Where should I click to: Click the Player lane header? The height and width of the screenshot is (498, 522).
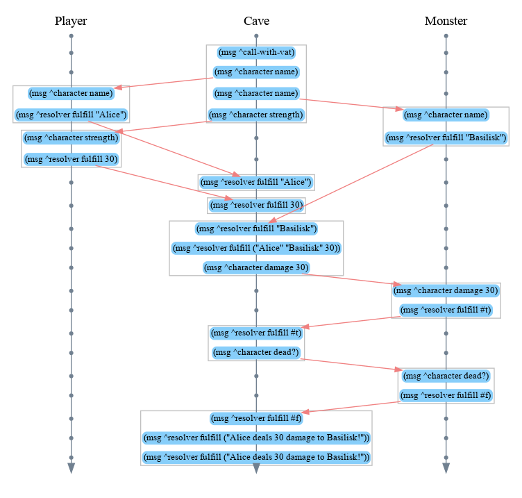click(71, 22)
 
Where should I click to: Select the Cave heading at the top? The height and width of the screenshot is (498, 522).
click(256, 22)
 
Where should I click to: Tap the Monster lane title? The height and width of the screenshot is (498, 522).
click(446, 22)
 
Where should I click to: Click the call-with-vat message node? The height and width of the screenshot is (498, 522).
click(256, 52)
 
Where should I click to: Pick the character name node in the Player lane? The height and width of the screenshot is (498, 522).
click(71, 92)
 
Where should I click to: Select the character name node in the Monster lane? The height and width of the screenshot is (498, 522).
click(446, 115)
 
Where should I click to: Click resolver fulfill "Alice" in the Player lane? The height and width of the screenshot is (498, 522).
click(71, 115)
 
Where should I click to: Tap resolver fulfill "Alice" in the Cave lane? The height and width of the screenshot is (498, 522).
click(256, 183)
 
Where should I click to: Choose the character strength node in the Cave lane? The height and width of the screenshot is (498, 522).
click(256, 115)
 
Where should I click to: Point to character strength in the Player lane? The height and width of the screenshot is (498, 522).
click(71, 138)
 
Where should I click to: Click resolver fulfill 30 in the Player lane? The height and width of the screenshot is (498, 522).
click(71, 160)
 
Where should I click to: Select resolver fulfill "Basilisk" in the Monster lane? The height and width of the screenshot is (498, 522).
click(446, 138)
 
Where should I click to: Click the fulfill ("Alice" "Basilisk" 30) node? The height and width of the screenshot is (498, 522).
click(256, 248)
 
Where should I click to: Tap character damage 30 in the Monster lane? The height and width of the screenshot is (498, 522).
click(446, 290)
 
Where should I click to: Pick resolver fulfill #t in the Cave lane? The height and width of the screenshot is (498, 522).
click(256, 332)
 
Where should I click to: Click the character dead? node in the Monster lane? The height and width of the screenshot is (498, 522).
click(446, 376)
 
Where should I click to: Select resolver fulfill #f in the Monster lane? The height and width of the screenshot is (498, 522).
click(446, 396)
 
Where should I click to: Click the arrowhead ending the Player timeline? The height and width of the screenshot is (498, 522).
click(71, 468)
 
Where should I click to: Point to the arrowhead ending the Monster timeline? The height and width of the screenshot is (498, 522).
click(446, 468)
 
